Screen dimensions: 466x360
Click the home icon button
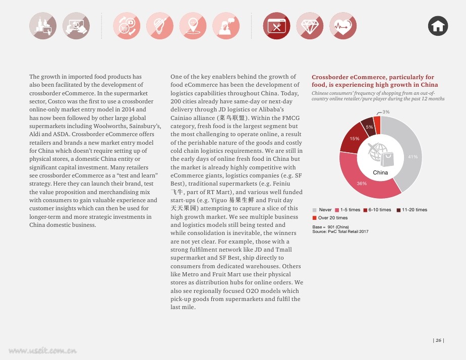click(438, 26)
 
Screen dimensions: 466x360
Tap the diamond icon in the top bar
click(310, 26)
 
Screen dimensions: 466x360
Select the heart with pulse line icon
click(343, 26)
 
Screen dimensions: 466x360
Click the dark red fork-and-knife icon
click(277, 26)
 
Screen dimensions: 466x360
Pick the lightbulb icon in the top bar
click(159, 26)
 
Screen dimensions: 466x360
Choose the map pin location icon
click(193, 26)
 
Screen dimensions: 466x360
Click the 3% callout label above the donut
click(386, 112)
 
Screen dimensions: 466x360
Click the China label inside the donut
click(380, 172)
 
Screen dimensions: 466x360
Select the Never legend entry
click(322, 210)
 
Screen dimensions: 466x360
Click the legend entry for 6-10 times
click(377, 210)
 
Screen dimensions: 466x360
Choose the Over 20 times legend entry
click(330, 218)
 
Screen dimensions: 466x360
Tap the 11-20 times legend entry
click(412, 210)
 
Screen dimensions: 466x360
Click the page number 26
click(438, 340)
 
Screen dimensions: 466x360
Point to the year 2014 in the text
click(128, 109)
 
